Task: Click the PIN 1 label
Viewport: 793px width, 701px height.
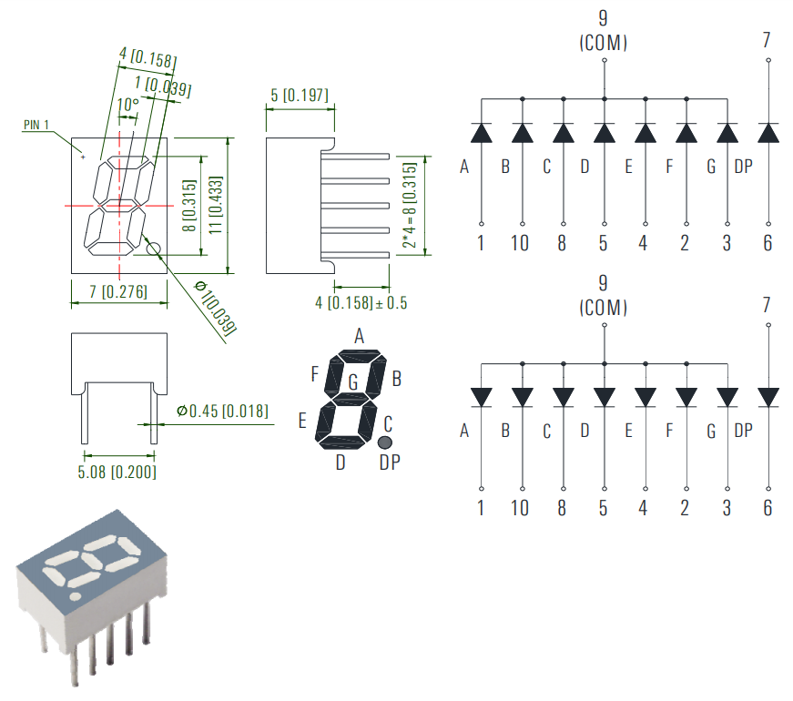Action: click(x=36, y=125)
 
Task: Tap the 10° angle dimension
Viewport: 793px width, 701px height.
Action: click(x=128, y=105)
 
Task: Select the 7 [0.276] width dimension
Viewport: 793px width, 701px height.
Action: click(x=119, y=292)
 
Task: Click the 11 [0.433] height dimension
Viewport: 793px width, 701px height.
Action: click(x=216, y=204)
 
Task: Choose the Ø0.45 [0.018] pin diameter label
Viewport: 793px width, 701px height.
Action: click(x=223, y=411)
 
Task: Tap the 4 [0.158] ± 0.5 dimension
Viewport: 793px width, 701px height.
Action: click(x=361, y=302)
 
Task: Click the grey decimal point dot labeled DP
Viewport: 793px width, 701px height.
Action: click(x=385, y=442)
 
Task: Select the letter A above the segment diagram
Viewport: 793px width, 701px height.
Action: click(x=359, y=337)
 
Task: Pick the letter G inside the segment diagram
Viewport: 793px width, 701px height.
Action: click(x=352, y=381)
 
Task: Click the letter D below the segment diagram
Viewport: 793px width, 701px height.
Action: click(x=341, y=462)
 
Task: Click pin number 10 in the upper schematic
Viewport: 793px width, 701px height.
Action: click(x=520, y=244)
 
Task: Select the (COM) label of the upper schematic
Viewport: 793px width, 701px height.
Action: click(x=603, y=43)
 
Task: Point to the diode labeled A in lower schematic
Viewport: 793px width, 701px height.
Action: click(x=481, y=398)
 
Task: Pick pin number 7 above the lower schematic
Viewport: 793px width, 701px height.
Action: click(x=768, y=305)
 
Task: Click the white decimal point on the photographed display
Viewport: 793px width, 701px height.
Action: click(x=75, y=597)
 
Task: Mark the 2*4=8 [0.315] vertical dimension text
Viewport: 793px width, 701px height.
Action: click(x=410, y=206)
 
